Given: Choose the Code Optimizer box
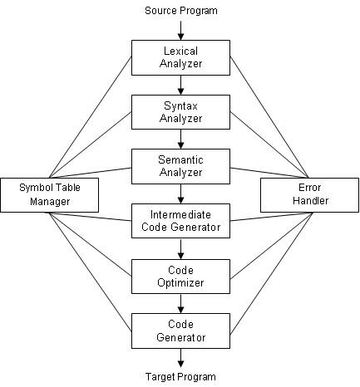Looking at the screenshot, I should [x=180, y=276].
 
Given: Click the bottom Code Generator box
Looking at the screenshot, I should [x=180, y=331].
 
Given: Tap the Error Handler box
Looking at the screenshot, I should [x=310, y=193].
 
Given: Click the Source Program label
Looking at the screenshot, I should [x=180, y=11].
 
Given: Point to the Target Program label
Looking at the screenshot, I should [x=180, y=377].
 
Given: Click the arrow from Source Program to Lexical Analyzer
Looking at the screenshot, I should [x=180, y=28].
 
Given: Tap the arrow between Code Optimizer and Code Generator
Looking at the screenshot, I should [x=180, y=303].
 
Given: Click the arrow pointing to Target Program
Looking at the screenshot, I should [x=180, y=358].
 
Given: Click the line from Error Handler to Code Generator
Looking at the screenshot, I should [x=270, y=273].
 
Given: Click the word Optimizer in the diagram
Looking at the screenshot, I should [x=180, y=282].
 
